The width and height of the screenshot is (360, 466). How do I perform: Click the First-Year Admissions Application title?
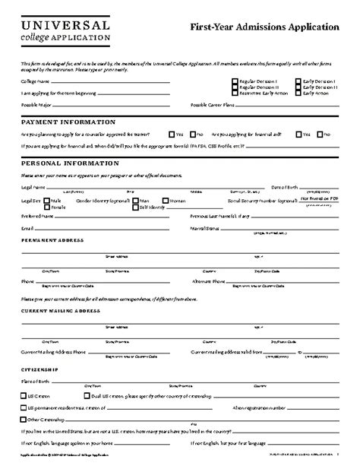(x=264, y=27)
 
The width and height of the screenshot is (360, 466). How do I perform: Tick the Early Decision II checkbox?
(x=298, y=87)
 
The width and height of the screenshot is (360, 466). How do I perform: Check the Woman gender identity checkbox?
(x=165, y=201)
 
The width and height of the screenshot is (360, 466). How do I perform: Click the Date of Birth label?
(x=287, y=187)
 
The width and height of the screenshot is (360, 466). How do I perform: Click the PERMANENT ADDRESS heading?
(x=52, y=241)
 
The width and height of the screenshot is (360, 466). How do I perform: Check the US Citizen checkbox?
(x=23, y=396)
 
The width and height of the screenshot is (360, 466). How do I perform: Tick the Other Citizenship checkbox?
(x=23, y=419)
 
